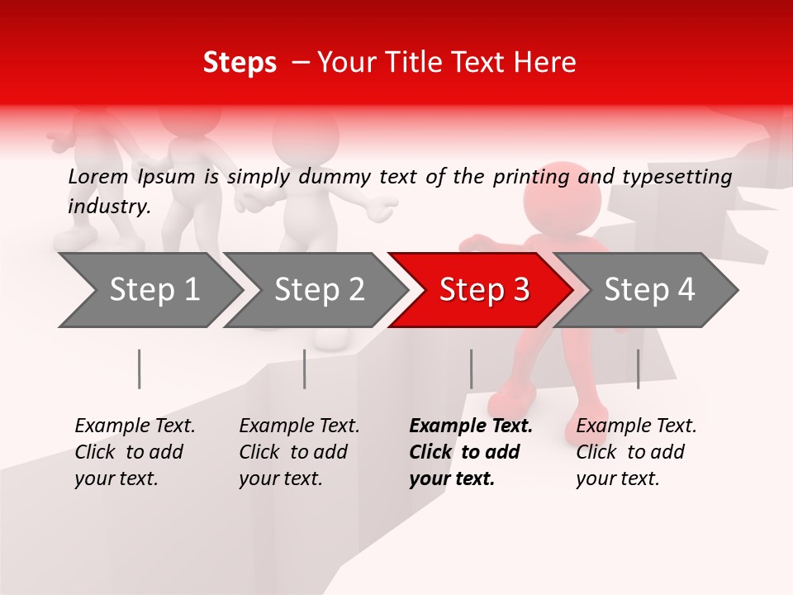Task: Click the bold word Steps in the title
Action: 240,63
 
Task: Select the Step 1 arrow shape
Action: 149,290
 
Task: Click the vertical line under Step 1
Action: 140,369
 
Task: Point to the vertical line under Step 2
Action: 305,369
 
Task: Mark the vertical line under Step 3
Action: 471,369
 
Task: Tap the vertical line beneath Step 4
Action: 638,369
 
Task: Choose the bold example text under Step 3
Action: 470,452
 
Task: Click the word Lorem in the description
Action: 97,176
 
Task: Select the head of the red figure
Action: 563,198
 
